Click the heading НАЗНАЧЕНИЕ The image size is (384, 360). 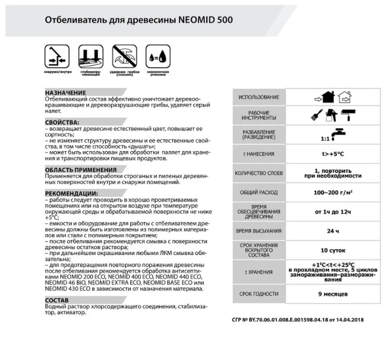(66, 92)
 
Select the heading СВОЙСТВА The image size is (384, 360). (62, 122)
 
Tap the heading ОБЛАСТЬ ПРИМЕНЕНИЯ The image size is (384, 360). (81, 170)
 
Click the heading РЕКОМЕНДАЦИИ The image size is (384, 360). (72, 193)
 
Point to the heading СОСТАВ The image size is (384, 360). (57, 300)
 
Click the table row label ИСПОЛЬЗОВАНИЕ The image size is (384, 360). (258, 98)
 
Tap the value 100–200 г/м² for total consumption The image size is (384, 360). (333, 192)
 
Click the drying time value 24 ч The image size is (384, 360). (333, 231)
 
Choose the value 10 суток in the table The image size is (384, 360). (333, 250)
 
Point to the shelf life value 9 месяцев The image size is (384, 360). (333, 293)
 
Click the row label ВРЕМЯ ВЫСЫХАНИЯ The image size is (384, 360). (258, 231)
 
